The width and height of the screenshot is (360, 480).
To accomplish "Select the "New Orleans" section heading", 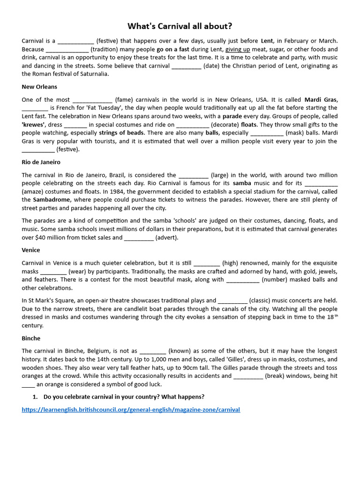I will coord(39,87).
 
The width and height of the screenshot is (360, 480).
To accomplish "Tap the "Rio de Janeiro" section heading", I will coord(41,162).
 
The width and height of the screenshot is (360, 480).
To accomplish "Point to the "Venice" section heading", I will coord(31,250).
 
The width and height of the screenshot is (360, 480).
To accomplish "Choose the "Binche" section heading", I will coord(31,338).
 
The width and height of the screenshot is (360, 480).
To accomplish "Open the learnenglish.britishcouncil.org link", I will coord(131,410).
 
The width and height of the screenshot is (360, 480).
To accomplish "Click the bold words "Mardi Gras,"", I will coord(321,100).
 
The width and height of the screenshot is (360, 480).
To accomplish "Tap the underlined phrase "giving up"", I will coord(238,49).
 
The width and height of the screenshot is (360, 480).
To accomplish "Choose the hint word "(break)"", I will coord(277,376).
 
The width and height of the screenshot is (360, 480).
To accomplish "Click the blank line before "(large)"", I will coord(193,175).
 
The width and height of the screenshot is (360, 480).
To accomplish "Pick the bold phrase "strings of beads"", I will coord(121,133).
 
